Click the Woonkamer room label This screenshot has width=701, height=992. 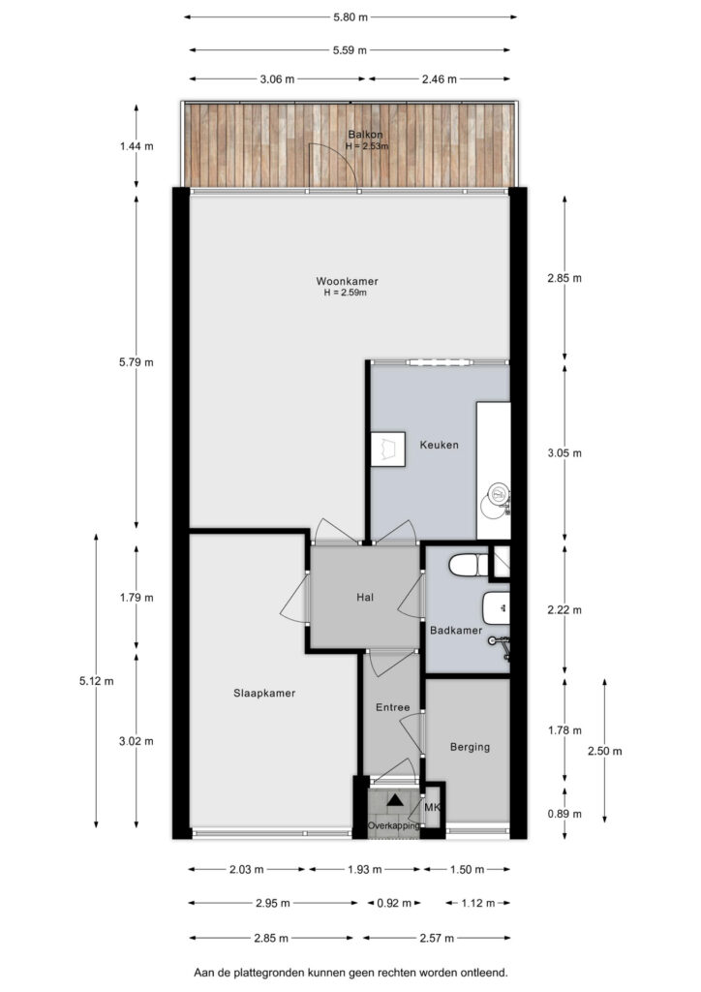pos(347,281)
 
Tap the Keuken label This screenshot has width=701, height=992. pos(440,445)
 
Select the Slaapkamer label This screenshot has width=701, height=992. pos(264,693)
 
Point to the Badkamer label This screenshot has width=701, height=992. pos(456,630)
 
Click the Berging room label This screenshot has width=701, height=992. pos(470,747)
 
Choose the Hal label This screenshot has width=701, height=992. pos(365,597)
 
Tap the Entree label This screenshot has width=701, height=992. pos(392,707)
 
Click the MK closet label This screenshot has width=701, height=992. pos(432,807)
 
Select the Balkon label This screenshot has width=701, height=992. pos(365,135)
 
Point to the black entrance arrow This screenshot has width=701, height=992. pos(395,799)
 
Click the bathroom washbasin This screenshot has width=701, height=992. pos(496,608)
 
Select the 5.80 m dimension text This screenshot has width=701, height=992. pos(350,17)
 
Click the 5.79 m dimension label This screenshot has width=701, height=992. pos(136,362)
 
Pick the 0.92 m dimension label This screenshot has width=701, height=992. pos(394,903)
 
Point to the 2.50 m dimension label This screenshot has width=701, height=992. pos(604,751)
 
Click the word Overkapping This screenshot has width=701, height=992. pos(394,825)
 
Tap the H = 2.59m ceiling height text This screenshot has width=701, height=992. pos(345,293)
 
